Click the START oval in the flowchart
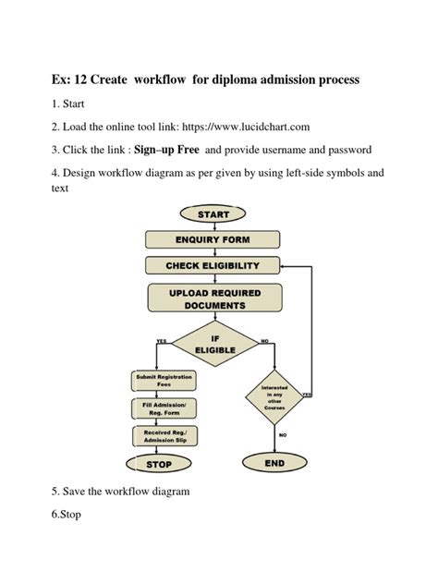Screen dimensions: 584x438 213,214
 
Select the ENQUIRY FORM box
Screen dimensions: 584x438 213,239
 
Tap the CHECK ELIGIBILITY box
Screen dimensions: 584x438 213,265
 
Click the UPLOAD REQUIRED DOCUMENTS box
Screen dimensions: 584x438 213,298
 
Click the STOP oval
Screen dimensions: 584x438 160,465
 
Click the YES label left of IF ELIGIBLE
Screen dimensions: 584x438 162,341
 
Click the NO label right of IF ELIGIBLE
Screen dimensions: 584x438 265,341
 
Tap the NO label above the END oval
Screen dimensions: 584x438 283,434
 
